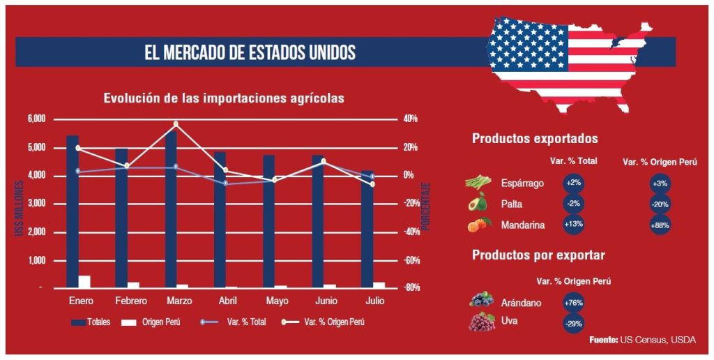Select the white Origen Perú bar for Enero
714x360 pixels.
click(x=84, y=281)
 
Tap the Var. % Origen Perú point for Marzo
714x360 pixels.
click(x=176, y=124)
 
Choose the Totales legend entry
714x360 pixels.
click(x=90, y=322)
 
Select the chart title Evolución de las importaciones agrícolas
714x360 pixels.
click(x=224, y=98)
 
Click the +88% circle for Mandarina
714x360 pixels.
click(x=660, y=225)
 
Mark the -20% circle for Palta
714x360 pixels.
click(x=660, y=204)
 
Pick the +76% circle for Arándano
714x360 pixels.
click(x=574, y=303)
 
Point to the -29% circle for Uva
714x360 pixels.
click(x=574, y=324)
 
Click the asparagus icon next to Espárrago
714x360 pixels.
click(x=478, y=183)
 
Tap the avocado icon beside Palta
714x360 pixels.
click(x=478, y=203)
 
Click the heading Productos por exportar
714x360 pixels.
click(x=538, y=255)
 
